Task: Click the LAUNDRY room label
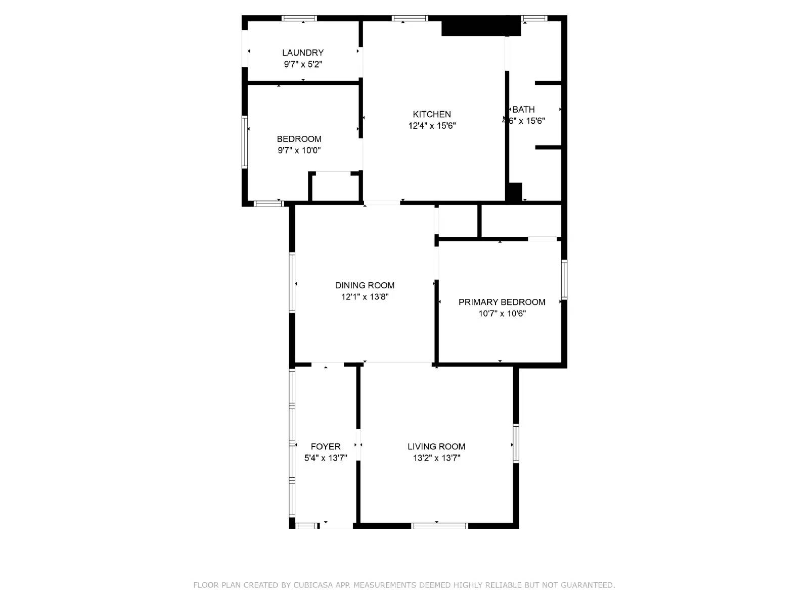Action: click(x=303, y=53)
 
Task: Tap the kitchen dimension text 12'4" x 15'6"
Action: click(x=432, y=126)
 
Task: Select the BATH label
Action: click(x=524, y=110)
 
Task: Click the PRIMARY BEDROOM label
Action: click(x=502, y=302)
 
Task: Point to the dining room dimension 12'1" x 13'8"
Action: click(x=365, y=297)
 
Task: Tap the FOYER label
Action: click(x=326, y=446)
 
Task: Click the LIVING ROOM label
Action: click(x=436, y=446)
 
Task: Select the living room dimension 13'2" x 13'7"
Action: click(x=436, y=458)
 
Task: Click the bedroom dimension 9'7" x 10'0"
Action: click(x=299, y=150)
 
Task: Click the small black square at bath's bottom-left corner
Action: click(x=514, y=192)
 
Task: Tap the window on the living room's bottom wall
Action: click(x=439, y=526)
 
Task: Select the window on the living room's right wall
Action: click(x=516, y=443)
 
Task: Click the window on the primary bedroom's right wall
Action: click(x=564, y=279)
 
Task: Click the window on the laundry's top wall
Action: click(x=299, y=19)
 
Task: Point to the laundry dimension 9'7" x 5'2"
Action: click(x=303, y=64)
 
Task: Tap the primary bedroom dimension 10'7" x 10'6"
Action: click(x=502, y=314)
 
